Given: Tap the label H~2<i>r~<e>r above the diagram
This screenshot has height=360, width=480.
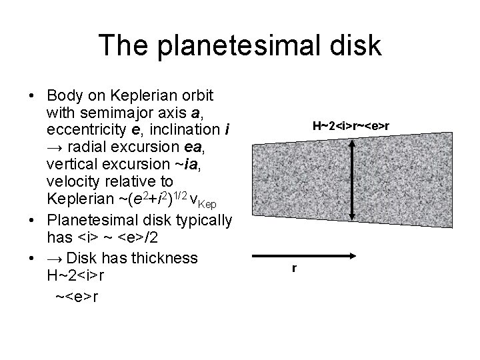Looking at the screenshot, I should (351, 125).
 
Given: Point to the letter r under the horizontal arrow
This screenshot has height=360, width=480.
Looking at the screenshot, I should (294, 269).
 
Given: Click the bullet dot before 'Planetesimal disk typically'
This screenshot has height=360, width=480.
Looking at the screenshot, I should (32, 220).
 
